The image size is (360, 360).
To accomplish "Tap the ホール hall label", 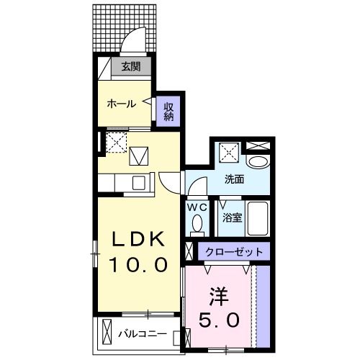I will pos(122,104).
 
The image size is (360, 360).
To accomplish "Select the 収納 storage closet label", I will pos(168,111).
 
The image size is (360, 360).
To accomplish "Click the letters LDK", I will pos(140,239).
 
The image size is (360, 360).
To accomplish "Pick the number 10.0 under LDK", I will pos(139,264).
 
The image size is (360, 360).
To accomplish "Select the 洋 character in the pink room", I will pos(219,295).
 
